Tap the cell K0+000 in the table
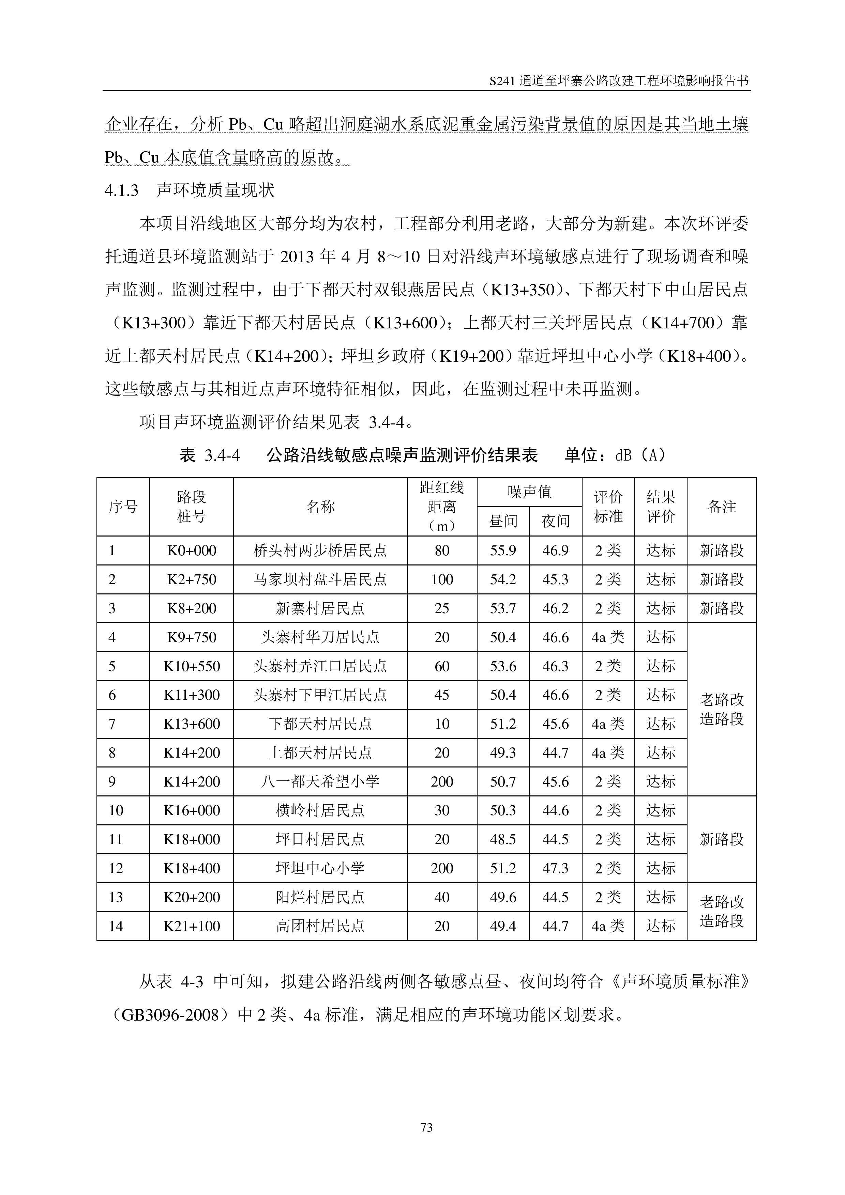pyautogui.click(x=191, y=550)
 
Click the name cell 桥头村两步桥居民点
pyautogui.click(x=320, y=550)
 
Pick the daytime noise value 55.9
pyautogui.click(x=502, y=550)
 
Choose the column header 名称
pyautogui.click(x=320, y=507)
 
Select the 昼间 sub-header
pyautogui.click(x=502, y=521)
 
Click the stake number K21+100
pyautogui.click(x=191, y=926)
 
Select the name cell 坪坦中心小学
pyautogui.click(x=320, y=868)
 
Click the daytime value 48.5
pyautogui.click(x=502, y=839)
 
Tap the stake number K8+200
pyautogui.click(x=191, y=608)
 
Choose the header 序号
pyautogui.click(x=123, y=507)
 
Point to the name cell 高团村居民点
pyautogui.click(x=320, y=926)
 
